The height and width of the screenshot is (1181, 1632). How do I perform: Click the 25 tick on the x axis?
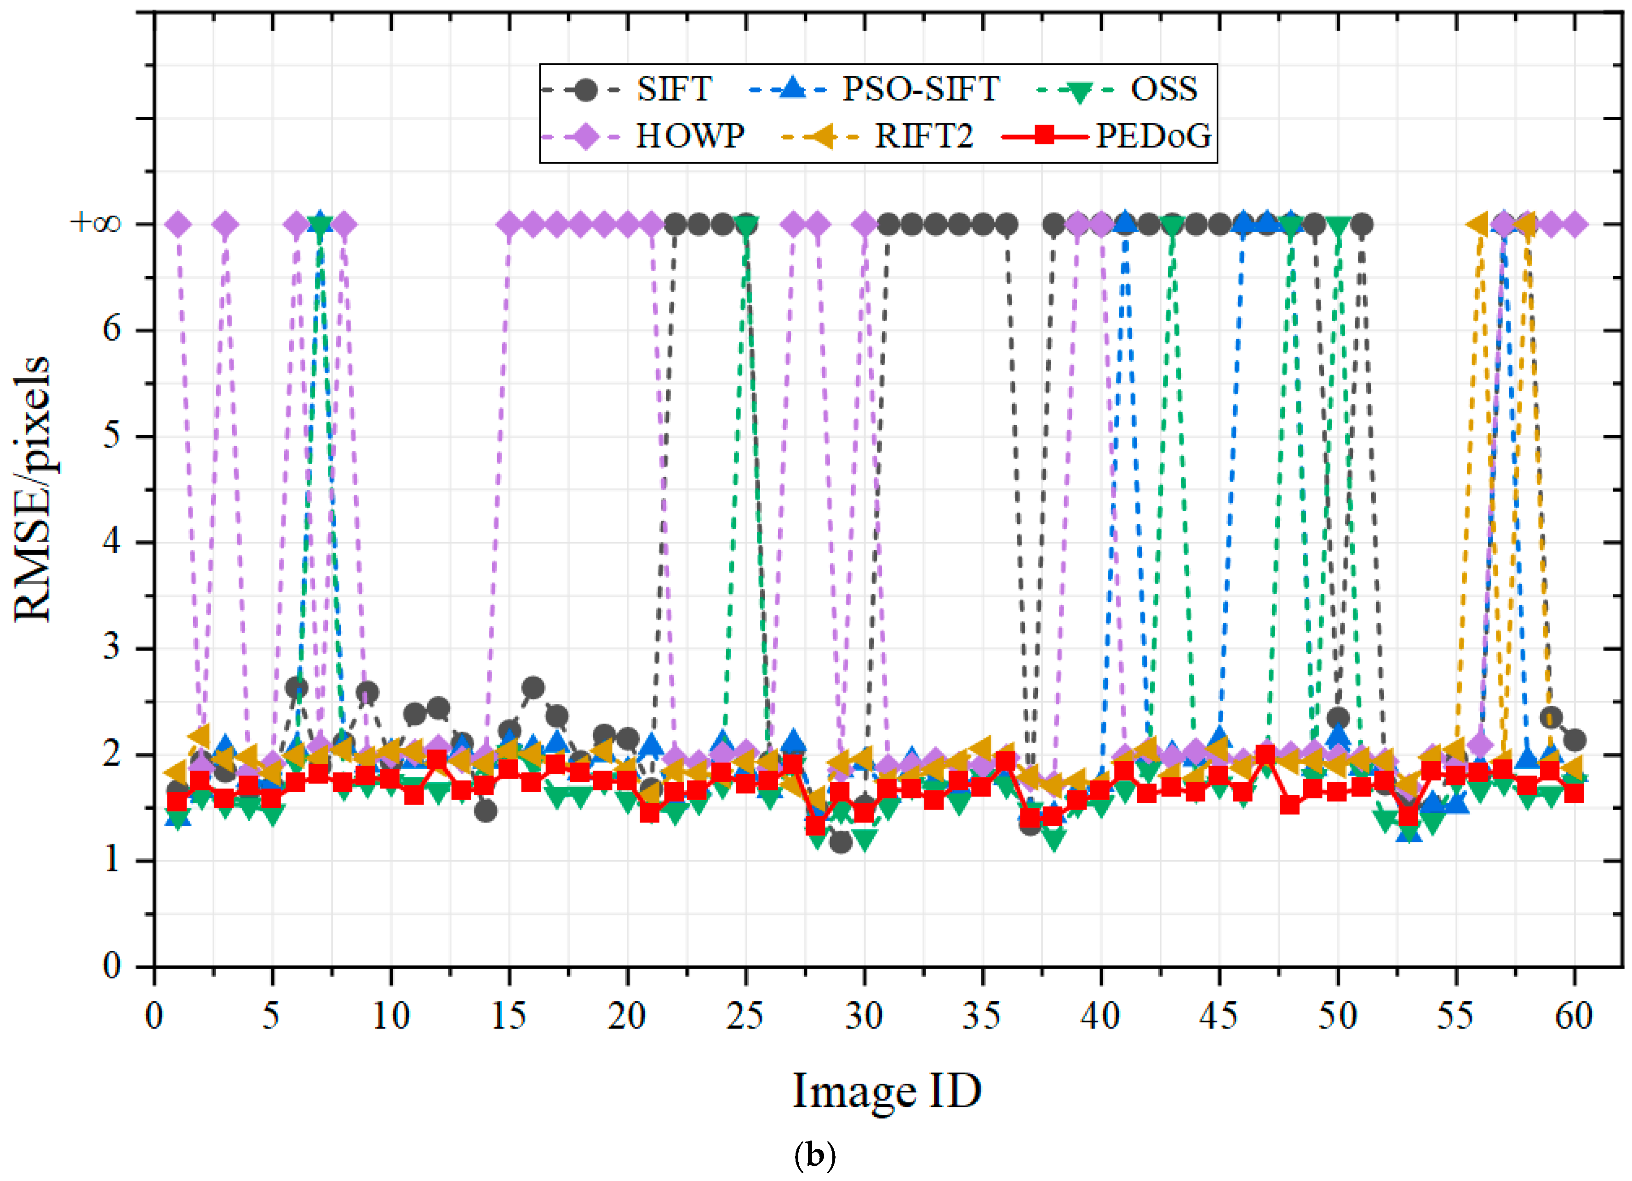click(745, 1016)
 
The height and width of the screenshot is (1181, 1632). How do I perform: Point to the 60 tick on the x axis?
click(1574, 1016)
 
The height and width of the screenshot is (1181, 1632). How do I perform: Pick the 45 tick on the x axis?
click(1219, 1016)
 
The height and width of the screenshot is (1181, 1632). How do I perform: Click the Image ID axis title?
click(887, 1090)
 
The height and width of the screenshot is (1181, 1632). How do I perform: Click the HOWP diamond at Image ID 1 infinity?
click(178, 224)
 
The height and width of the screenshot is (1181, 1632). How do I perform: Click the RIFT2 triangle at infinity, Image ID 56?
click(1478, 224)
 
